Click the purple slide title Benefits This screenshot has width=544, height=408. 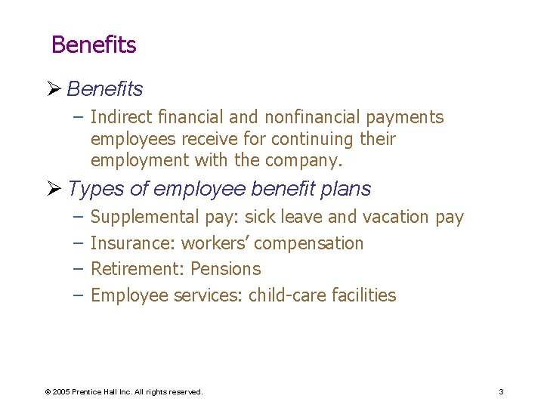point(94,45)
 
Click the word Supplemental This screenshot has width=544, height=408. point(144,218)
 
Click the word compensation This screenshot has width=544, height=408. point(309,243)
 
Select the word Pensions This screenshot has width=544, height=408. point(225,269)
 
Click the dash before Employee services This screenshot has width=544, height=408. point(78,295)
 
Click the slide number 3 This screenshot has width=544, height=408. point(501,392)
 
